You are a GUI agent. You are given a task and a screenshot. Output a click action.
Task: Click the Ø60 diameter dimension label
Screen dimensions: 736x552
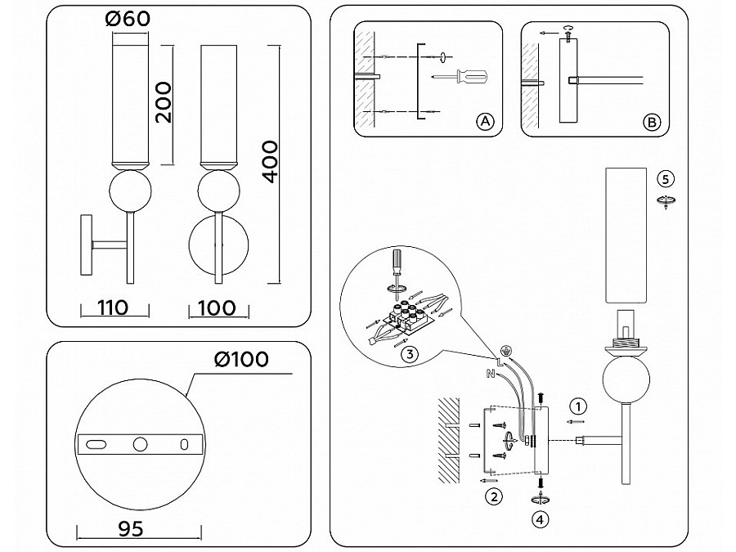pyautogui.click(x=128, y=18)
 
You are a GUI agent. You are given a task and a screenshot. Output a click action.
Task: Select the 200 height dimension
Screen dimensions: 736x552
pyautogui.click(x=164, y=102)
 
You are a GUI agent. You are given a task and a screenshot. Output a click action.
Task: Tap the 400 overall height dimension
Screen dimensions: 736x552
pyautogui.click(x=271, y=161)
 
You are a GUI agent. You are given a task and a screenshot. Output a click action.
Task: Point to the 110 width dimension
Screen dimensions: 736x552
pyautogui.click(x=113, y=308)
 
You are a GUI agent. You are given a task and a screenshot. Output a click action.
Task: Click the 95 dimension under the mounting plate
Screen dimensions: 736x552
pyautogui.click(x=131, y=529)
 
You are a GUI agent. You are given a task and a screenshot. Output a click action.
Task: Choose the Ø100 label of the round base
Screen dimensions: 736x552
pyautogui.click(x=241, y=360)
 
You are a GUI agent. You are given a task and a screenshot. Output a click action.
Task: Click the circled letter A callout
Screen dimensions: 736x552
pyautogui.click(x=485, y=122)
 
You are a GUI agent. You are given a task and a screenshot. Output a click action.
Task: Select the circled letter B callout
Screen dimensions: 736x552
pyautogui.click(x=652, y=123)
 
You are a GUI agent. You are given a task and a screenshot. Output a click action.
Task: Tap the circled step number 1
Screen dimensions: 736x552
pyautogui.click(x=578, y=406)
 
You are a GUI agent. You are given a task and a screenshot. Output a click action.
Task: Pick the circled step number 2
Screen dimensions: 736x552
pyautogui.click(x=494, y=496)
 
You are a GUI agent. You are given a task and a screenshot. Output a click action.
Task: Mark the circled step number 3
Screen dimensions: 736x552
pyautogui.click(x=410, y=353)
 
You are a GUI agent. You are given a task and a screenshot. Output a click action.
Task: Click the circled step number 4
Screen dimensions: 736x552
pyautogui.click(x=541, y=519)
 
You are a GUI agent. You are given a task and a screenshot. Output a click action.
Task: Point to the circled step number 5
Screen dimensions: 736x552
pyautogui.click(x=666, y=179)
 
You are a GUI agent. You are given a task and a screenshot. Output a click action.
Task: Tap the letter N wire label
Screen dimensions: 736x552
pyautogui.click(x=491, y=374)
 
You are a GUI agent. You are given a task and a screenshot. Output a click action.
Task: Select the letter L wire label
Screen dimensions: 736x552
pyautogui.click(x=499, y=361)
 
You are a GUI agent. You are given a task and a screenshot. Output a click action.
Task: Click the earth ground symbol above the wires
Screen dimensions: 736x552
pyautogui.click(x=505, y=350)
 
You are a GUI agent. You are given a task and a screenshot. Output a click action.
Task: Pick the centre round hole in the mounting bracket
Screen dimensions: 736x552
pyautogui.click(x=140, y=444)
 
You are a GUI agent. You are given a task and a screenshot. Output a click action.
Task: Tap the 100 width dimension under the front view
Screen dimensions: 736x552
pyautogui.click(x=217, y=308)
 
